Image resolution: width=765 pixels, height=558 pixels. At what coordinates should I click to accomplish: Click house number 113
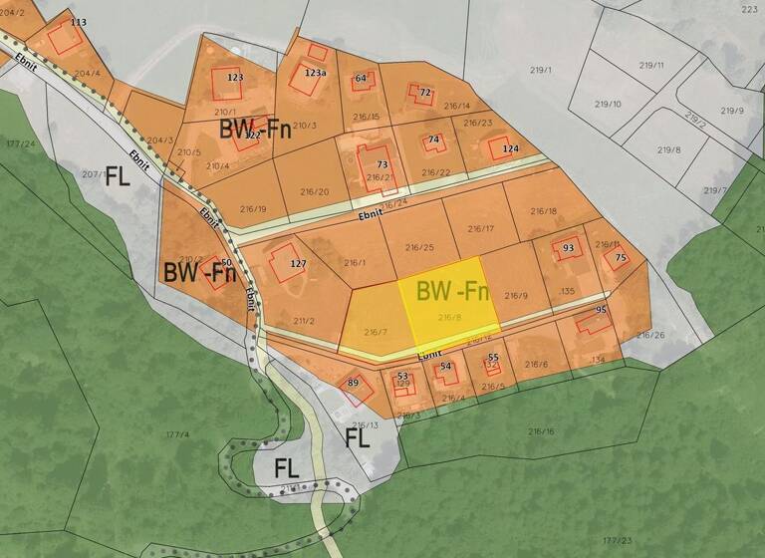79,21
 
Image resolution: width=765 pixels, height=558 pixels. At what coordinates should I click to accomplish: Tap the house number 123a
315,73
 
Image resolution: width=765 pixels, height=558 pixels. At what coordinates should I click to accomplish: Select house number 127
297,264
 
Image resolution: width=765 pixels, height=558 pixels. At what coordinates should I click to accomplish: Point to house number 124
510,149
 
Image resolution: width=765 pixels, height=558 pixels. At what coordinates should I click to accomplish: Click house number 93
569,248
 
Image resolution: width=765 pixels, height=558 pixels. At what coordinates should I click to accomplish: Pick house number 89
353,383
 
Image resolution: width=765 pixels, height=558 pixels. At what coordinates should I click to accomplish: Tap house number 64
361,78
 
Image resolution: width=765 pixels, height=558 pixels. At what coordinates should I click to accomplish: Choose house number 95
601,310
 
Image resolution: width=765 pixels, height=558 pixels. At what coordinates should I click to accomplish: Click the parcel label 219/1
541,70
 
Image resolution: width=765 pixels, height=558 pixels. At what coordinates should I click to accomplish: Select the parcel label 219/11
652,65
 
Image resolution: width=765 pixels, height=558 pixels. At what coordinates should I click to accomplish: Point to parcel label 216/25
419,247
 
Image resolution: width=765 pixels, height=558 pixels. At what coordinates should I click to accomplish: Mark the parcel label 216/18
543,210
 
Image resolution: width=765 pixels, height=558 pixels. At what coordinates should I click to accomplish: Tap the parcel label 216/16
541,431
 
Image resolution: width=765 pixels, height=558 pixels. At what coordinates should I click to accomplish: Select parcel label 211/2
304,320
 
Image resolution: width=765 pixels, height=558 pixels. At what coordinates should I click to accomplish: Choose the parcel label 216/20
314,191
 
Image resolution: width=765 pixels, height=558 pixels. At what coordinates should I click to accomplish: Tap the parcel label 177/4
177,434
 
